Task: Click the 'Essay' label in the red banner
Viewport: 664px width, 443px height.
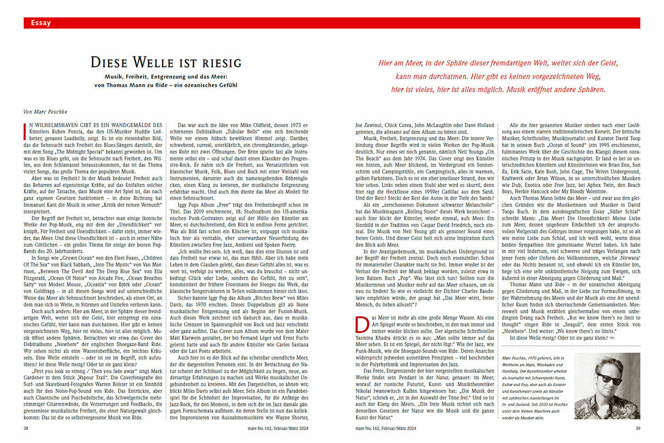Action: click(41, 23)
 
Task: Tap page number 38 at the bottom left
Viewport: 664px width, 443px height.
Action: click(27, 428)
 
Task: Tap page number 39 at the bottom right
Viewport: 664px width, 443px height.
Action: click(636, 428)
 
